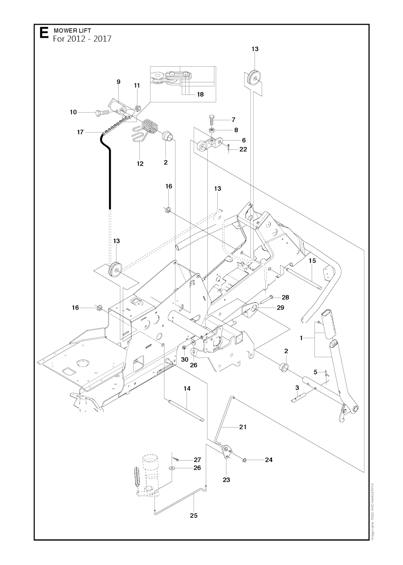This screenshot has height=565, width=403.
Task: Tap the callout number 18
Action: point(200,94)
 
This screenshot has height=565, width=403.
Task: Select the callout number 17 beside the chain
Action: point(80,132)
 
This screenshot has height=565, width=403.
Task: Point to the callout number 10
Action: point(73,112)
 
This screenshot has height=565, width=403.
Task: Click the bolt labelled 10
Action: point(102,112)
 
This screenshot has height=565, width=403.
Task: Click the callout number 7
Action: point(233,119)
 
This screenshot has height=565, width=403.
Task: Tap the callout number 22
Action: point(243,149)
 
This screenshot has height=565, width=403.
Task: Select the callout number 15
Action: point(312,260)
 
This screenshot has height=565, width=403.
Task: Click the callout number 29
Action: point(280,307)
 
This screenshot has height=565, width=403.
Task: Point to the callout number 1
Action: point(301,338)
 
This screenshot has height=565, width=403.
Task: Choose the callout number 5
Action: point(315,372)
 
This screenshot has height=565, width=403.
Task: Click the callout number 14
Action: point(187,388)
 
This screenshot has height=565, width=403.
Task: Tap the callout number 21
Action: point(243,427)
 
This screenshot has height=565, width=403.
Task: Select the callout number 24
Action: point(268,459)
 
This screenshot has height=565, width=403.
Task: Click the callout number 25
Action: point(194,515)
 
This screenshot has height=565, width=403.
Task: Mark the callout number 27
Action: point(197,459)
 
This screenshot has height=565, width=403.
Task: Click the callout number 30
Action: point(185,359)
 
